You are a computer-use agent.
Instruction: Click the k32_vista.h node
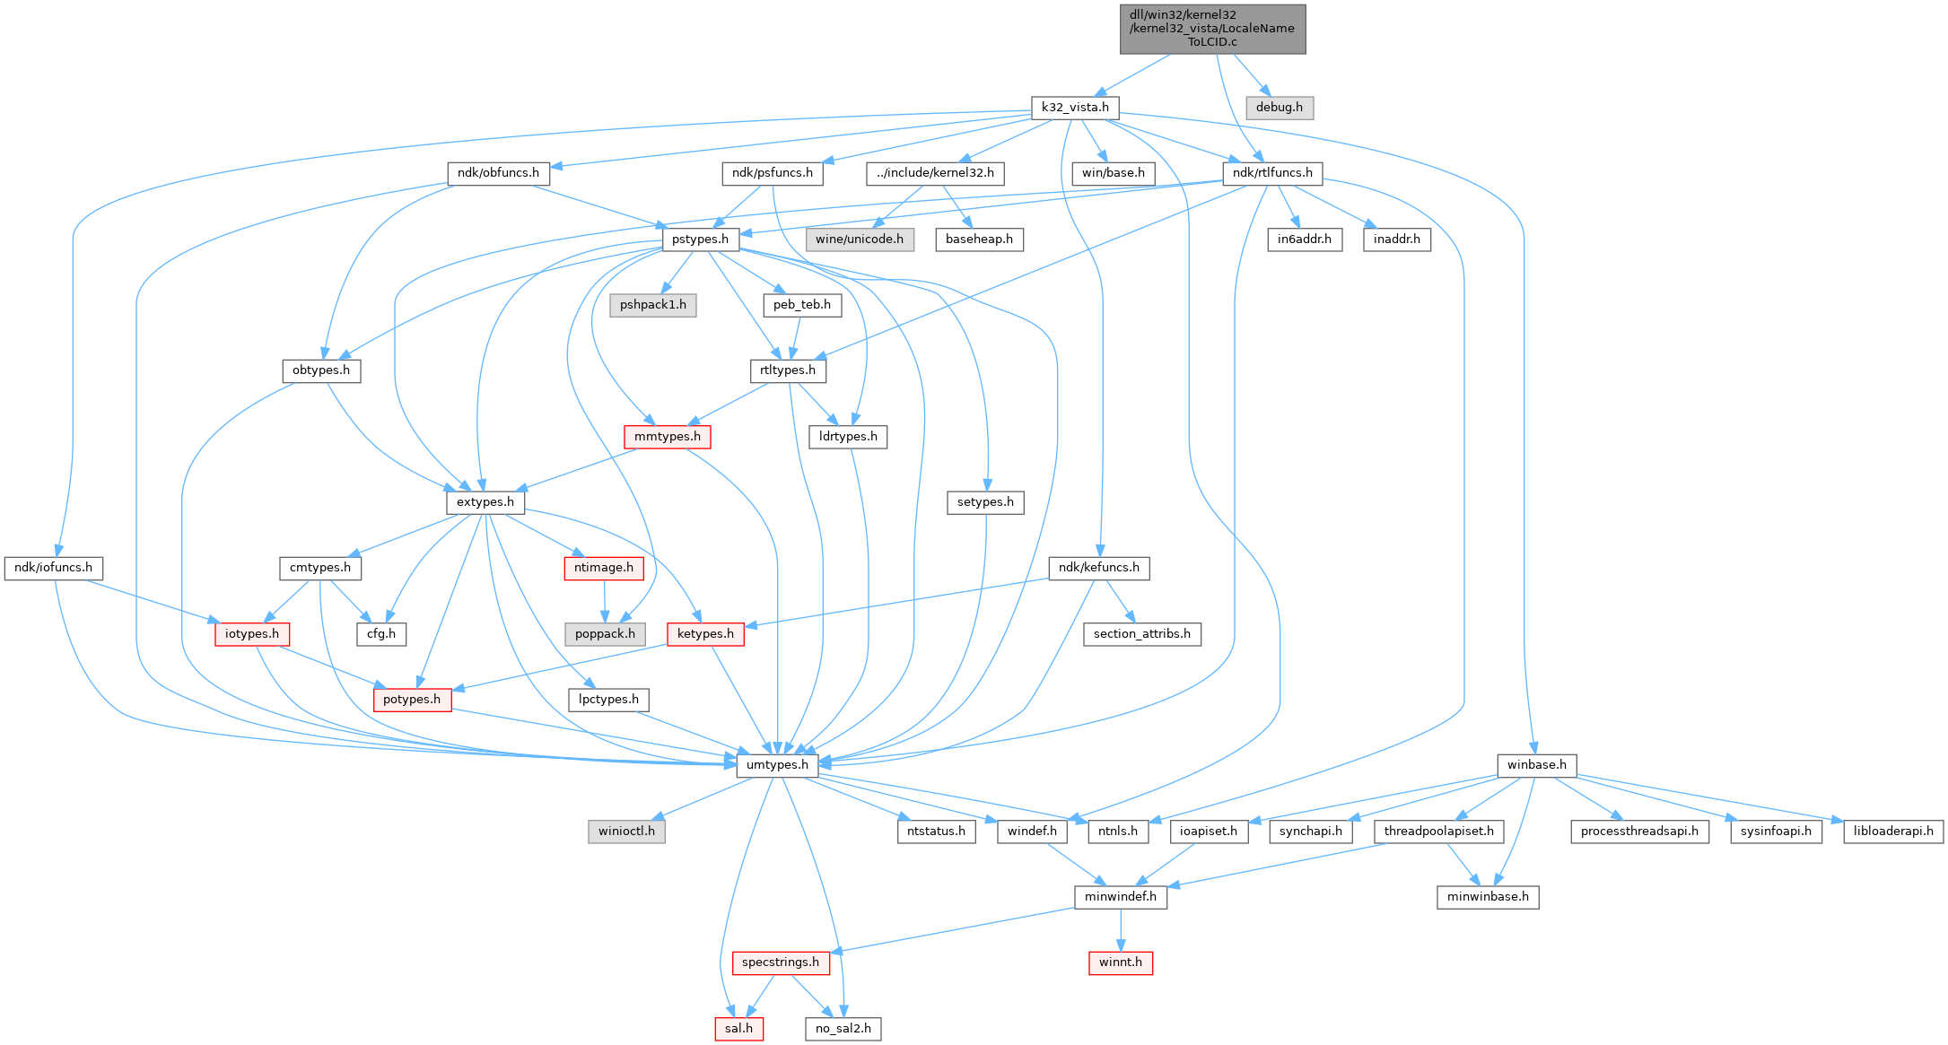point(1074,108)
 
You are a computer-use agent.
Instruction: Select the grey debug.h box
point(1279,108)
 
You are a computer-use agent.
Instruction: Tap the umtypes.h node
point(777,765)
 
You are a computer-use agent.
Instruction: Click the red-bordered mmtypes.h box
point(667,437)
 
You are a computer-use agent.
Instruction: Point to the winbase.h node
point(1536,765)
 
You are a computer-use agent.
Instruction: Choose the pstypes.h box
point(700,239)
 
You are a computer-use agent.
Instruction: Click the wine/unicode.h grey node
point(859,239)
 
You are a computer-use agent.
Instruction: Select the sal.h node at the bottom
point(738,1029)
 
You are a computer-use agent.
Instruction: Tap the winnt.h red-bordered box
point(1120,962)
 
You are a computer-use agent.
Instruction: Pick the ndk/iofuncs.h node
point(53,568)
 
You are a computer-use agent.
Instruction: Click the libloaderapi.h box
point(1892,832)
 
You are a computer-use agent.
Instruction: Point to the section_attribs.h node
point(1141,634)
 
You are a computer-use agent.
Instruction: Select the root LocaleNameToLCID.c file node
point(1212,29)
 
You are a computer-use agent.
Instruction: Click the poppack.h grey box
point(605,634)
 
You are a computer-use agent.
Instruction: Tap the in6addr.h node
point(1304,239)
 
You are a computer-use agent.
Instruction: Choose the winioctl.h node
point(626,832)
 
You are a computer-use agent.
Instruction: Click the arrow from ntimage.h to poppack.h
point(604,601)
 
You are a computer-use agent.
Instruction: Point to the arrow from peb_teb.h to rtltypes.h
point(794,337)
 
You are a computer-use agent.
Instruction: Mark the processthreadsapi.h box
point(1638,832)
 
